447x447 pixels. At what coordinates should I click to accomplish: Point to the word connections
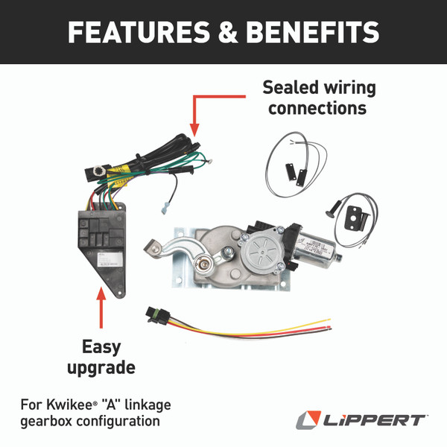(x=317, y=108)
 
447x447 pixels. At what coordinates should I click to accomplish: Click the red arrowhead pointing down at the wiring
(x=194, y=127)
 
